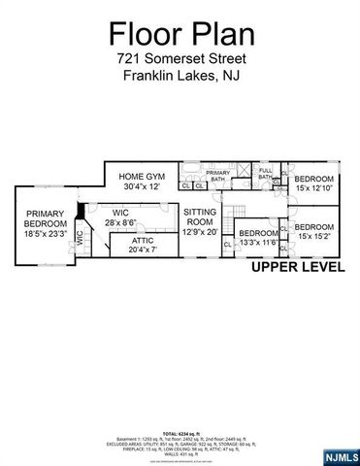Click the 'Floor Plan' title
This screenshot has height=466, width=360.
[180, 36]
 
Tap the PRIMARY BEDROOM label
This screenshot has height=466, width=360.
[44, 219]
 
